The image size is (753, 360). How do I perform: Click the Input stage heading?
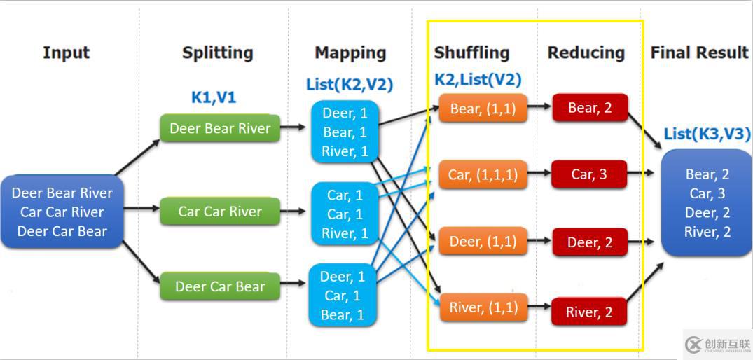click(x=67, y=53)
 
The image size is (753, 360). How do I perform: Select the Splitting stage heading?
click(x=217, y=53)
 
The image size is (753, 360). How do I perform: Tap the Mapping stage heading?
click(x=350, y=53)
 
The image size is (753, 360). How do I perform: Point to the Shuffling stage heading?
click(x=471, y=53)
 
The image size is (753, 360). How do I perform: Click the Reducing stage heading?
click(x=586, y=53)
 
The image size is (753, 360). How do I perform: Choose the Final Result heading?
click(x=699, y=53)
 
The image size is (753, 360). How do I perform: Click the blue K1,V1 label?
click(x=214, y=97)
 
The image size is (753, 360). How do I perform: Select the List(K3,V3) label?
click(x=707, y=134)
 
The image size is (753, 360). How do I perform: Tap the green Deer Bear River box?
click(x=220, y=129)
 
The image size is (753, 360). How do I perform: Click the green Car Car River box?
click(x=220, y=212)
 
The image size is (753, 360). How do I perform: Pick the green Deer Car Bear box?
click(x=220, y=286)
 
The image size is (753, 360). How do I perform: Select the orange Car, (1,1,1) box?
click(x=483, y=174)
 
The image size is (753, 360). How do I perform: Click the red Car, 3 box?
click(x=589, y=174)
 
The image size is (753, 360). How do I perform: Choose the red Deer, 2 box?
click(x=589, y=242)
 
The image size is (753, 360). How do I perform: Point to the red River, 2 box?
click(x=589, y=312)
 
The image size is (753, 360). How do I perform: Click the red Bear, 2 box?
click(x=589, y=108)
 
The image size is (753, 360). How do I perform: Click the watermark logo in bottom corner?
click(x=717, y=344)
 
